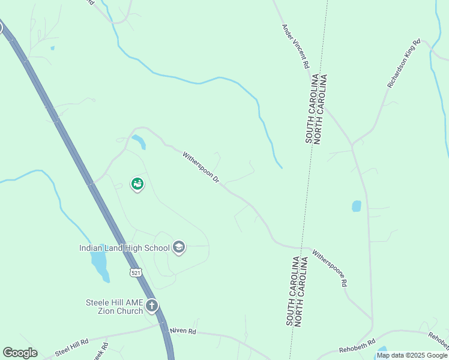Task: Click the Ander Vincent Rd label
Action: [x=296, y=46]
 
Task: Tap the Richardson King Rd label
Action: [x=404, y=64]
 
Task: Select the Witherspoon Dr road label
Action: [x=201, y=167]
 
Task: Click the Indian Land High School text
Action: [x=125, y=247]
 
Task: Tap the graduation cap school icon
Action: [x=178, y=247]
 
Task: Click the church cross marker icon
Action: [x=152, y=307]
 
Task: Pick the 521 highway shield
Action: [x=136, y=273]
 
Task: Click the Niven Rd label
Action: [x=182, y=331]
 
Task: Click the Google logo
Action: [x=20, y=352]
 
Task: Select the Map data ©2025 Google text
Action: [x=412, y=355]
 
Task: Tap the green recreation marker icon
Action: [x=137, y=184]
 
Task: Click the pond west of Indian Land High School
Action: [x=100, y=264]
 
